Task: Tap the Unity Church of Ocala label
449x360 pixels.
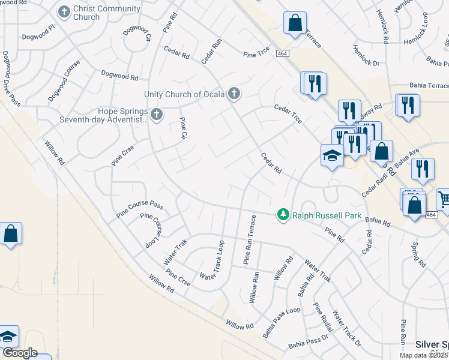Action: point(184,94)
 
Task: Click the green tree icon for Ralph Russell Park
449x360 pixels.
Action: point(283,214)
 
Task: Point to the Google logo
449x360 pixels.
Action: point(19,353)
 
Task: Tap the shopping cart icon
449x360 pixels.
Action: point(443,199)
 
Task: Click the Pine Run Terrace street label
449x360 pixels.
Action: point(250,239)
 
